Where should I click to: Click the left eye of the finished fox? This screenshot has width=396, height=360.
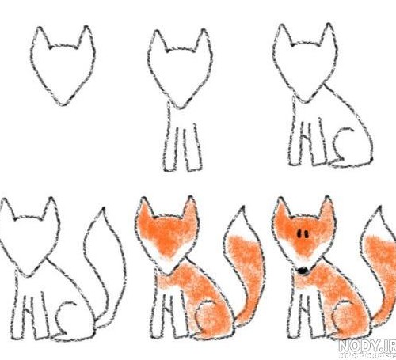click(300, 233)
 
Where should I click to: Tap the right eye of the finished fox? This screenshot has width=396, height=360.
click(307, 234)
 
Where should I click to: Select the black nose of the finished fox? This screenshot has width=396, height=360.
click(303, 270)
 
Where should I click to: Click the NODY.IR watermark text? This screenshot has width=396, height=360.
click(367, 345)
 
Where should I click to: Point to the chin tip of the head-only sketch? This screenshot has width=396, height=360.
click(63, 104)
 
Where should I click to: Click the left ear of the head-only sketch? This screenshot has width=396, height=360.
click(40, 38)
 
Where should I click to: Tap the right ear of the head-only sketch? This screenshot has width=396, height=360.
click(86, 37)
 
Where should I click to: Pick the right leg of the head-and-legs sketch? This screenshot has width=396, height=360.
click(194, 148)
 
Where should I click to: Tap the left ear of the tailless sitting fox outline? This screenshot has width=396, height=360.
click(284, 36)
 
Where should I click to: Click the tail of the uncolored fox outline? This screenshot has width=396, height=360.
click(105, 263)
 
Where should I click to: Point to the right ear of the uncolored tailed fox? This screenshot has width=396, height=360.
click(51, 209)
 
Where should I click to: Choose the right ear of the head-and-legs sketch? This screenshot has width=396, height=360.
click(204, 41)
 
